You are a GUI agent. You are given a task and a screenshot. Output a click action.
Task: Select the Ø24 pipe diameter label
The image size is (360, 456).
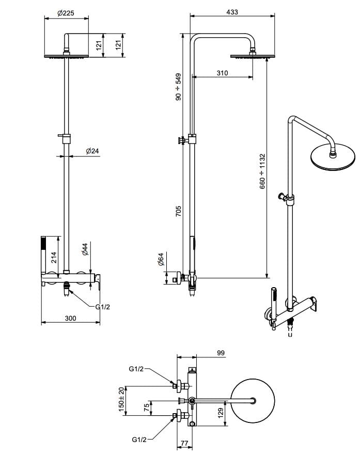92,151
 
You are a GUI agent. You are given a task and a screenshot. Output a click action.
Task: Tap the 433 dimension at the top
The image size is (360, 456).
232,12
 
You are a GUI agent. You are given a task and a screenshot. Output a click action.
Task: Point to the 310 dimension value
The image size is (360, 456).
222,73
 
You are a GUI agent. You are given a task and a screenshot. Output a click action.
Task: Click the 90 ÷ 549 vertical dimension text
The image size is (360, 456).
178,87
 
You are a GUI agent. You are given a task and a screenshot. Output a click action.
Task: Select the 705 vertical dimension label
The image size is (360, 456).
178,211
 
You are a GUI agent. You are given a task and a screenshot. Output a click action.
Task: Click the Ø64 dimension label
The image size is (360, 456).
161,259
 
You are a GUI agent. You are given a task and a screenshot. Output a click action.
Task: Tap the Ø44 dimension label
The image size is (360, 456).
85,250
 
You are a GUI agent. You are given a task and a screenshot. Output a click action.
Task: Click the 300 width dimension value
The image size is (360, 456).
70,319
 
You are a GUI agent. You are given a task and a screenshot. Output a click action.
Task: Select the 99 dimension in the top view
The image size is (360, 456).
221,353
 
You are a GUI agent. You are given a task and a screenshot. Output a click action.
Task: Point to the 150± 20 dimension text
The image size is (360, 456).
122,399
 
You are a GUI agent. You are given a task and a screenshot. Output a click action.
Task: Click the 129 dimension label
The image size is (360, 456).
221,413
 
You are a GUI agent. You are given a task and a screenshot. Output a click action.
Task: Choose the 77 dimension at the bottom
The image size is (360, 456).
184,443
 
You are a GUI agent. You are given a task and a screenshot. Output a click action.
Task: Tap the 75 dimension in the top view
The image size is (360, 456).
146,407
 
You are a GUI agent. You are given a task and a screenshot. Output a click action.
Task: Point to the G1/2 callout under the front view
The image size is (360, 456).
103,307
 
